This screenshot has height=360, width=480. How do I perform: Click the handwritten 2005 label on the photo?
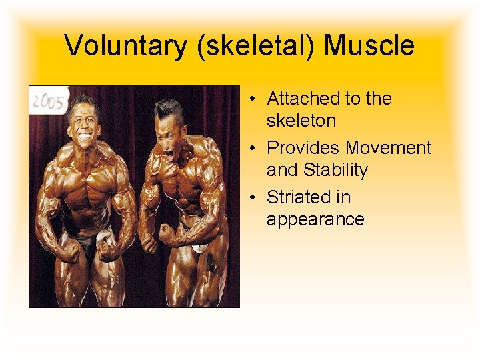[48, 102]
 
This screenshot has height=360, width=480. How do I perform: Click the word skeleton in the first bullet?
[301, 121]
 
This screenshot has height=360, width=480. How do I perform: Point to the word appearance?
[315, 219]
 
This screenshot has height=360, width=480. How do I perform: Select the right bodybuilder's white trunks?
[198, 248]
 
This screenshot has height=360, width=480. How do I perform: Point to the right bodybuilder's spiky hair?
[167, 107]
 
